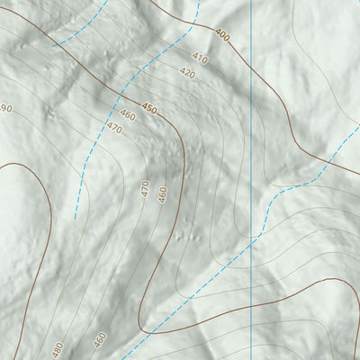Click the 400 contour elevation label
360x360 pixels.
coord(220,35)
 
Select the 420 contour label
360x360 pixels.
coord(187,73)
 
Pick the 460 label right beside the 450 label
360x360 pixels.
coord(127,116)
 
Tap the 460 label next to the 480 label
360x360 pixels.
coord(100,340)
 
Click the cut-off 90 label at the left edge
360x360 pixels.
coord(5,109)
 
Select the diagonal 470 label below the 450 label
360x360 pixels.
coord(113,129)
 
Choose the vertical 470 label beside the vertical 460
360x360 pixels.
coord(145,189)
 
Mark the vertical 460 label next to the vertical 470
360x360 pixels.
coord(163,193)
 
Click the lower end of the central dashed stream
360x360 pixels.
coord(76,218)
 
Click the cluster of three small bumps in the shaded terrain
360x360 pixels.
coord(184,237)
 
